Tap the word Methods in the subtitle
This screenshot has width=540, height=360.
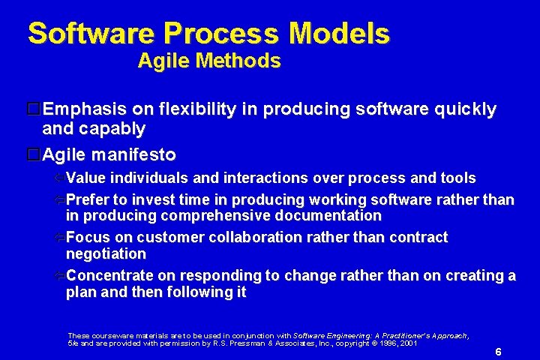click(238, 61)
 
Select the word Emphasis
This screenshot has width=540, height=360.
click(85, 109)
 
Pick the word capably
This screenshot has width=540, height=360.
click(112, 130)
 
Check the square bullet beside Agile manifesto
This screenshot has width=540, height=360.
click(34, 154)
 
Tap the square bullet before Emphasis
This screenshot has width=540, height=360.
click(34, 109)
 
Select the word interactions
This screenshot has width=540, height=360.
click(265, 178)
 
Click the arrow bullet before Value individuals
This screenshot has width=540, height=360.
click(59, 178)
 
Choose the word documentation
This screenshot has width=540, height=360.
click(328, 215)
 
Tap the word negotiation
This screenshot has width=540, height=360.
click(106, 254)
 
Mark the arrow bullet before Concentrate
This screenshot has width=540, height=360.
click(59, 275)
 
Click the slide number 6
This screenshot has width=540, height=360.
click(498, 352)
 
